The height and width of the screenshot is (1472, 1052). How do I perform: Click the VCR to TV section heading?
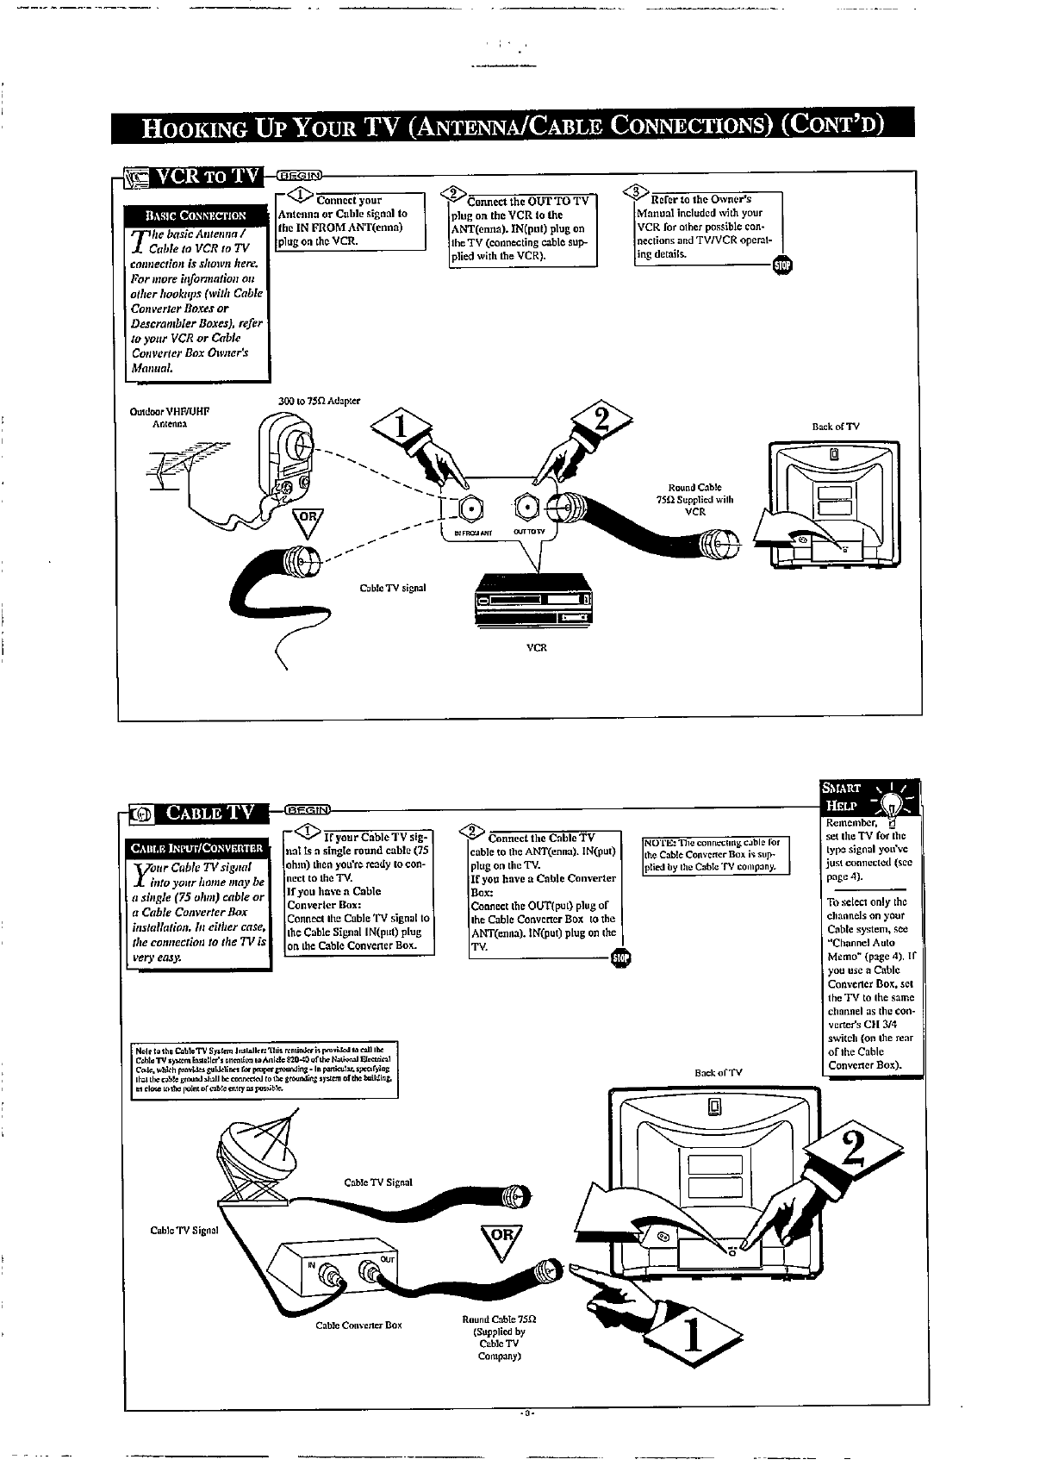[x=209, y=177]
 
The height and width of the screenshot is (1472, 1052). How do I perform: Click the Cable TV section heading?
[x=211, y=812]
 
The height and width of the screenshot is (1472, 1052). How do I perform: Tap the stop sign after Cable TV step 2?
[x=619, y=957]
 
